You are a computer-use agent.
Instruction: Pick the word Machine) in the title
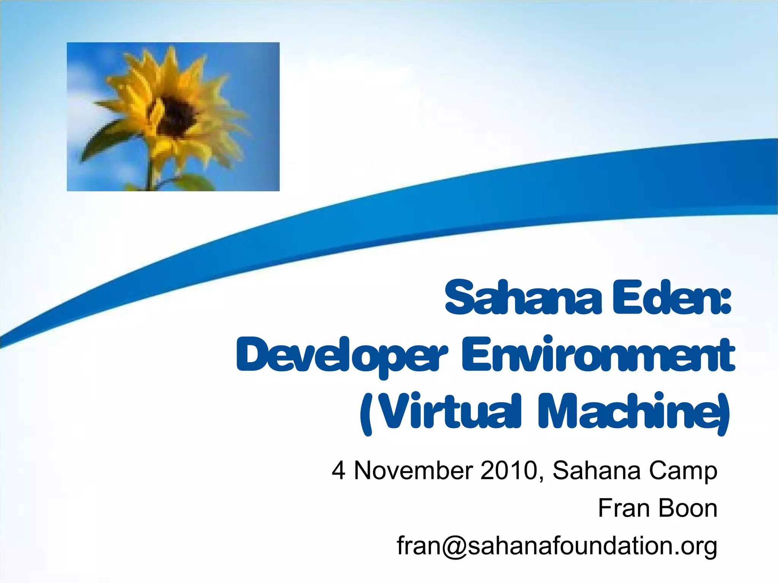(634, 412)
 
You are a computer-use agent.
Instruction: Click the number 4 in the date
(338, 471)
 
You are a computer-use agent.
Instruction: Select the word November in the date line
(413, 471)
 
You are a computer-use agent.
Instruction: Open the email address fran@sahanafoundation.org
(557, 546)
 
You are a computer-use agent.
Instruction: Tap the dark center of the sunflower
(176, 116)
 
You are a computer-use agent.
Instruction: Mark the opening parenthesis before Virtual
(365, 414)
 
